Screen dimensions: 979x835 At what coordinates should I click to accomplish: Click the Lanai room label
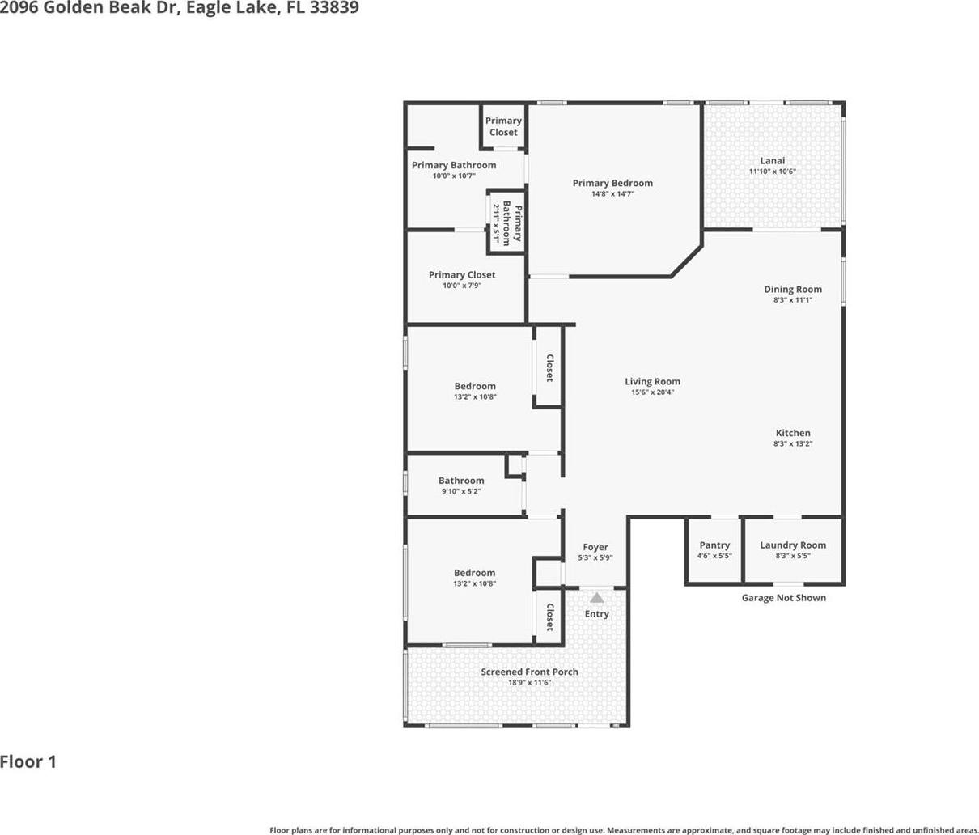coord(772,160)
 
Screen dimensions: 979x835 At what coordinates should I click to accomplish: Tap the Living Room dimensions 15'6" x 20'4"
coord(652,392)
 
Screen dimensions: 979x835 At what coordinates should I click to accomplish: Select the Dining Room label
coord(792,289)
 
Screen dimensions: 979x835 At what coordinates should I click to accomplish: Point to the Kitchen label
coord(792,433)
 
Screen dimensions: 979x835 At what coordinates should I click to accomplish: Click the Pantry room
coord(714,551)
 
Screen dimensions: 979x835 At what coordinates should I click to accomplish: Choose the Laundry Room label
coord(792,545)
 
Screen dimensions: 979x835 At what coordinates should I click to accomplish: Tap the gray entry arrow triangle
coord(596,598)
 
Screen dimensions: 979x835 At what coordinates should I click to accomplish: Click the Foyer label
coord(595,547)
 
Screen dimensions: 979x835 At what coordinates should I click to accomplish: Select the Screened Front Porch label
coord(529,672)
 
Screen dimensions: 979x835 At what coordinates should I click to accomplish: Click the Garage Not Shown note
coord(783,598)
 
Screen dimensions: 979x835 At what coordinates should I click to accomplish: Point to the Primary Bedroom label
coord(612,183)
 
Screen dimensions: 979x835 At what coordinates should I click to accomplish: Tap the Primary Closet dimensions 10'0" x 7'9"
coord(462,286)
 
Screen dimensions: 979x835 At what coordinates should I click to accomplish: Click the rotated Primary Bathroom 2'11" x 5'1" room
coord(506,223)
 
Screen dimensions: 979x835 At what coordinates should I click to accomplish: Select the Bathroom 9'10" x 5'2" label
coord(461,481)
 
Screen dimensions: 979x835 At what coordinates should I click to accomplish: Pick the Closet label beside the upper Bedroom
coord(549,368)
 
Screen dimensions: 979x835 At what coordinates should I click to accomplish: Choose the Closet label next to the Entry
coord(549,617)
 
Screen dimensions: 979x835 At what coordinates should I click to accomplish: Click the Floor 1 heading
coord(28,762)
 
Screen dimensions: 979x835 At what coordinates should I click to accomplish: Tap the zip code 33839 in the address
coord(334,7)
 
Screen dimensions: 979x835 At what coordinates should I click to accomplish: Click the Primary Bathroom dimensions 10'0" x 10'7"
coord(454,176)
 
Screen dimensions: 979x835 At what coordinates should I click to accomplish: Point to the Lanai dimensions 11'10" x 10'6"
coord(772,172)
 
